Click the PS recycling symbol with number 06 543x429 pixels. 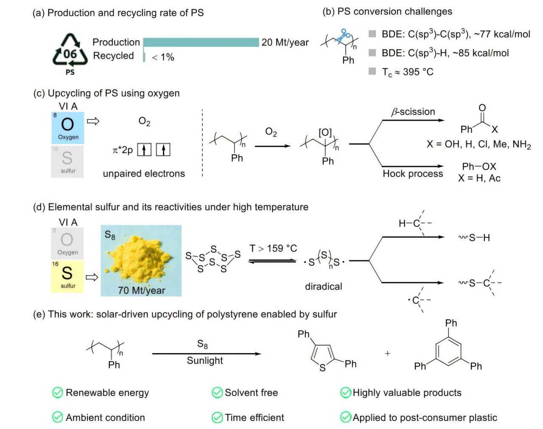[70, 52]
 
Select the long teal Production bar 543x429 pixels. [201, 42]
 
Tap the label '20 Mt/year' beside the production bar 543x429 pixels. [285, 42]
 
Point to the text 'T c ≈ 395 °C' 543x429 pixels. [407, 72]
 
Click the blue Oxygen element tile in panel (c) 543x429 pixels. [67, 128]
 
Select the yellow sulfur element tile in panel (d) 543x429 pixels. [67, 276]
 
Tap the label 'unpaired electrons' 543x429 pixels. [144, 173]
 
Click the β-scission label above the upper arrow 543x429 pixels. [413, 112]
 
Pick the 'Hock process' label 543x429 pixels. [413, 174]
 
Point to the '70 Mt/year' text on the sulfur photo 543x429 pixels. [141, 290]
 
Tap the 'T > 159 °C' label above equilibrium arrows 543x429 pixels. [273, 248]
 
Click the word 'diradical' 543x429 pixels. [323, 287]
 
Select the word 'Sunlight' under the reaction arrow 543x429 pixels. [205, 361]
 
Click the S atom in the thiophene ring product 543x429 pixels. [322, 368]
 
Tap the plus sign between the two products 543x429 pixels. [387, 353]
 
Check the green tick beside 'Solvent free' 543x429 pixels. [217, 393]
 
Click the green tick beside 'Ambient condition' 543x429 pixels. [57, 417]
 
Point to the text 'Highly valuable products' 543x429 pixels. [407, 393]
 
